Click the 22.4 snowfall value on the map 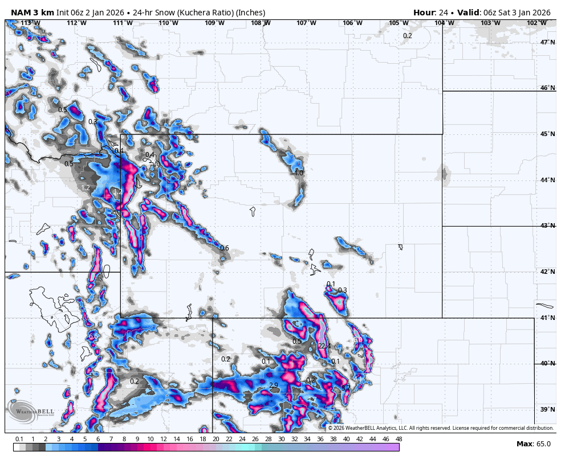324,346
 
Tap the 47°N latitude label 547,42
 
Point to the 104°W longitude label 444,23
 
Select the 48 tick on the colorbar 399,439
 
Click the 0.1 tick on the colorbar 19,439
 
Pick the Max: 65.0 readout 534,443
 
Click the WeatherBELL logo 31,411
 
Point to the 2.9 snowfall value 274,385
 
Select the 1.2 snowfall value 86,187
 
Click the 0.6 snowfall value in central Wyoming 225,248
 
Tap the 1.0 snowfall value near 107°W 299,172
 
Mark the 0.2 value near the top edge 408,36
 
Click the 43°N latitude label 547,226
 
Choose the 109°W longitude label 214,23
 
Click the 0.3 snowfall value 342,290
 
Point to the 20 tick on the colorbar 216,439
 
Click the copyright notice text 440,428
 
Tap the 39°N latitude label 547,410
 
